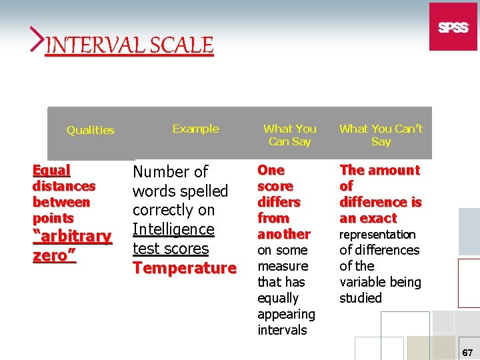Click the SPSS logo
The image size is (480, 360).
[453, 27]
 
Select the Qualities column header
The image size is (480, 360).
[90, 130]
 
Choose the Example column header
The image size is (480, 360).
[195, 129]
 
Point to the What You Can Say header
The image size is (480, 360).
[290, 135]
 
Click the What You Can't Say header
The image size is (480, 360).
[381, 135]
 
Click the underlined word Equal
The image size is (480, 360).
[51, 170]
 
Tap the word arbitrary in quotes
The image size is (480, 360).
[75, 236]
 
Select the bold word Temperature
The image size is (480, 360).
[185, 268]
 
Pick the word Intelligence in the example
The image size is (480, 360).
[173, 229]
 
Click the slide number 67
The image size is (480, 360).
[466, 351]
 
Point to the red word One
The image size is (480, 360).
[271, 170]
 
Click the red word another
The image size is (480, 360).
[284, 234]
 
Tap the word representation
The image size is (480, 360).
[377, 235]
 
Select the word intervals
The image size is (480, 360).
[282, 330]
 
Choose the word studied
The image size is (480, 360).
[361, 298]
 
